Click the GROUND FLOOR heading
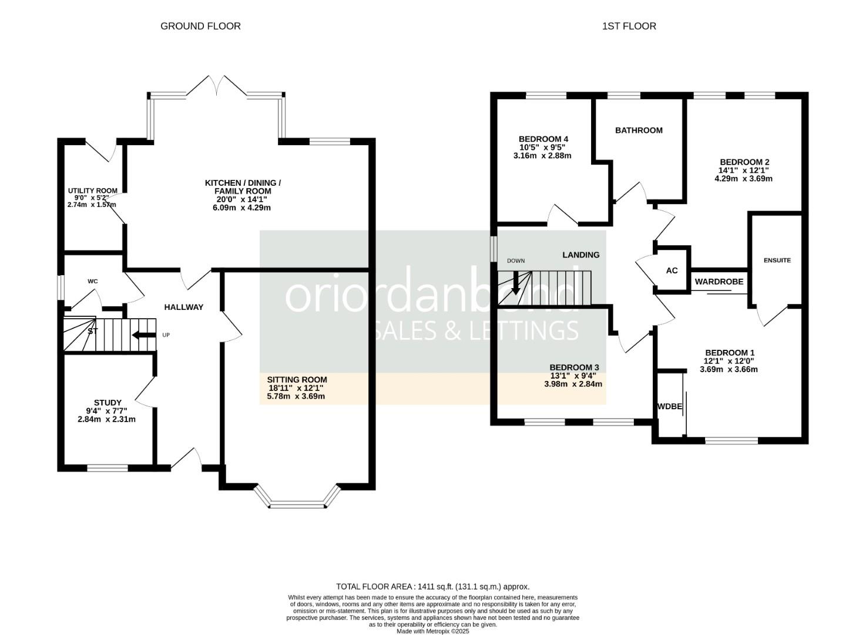click(x=200, y=26)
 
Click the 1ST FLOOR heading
click(x=629, y=26)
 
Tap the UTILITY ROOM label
click(x=92, y=190)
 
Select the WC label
click(x=92, y=281)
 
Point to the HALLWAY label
click(x=183, y=307)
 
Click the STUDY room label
click(x=108, y=403)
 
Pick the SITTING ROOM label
click(x=297, y=380)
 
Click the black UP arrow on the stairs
click(x=143, y=335)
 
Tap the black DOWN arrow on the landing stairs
click(x=516, y=283)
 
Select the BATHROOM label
click(x=639, y=131)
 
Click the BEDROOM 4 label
click(x=543, y=139)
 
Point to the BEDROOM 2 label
click(x=744, y=162)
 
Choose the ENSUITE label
click(x=777, y=260)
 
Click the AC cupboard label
click(x=672, y=270)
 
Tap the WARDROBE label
click(x=719, y=282)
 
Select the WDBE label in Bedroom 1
click(x=669, y=406)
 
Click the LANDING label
click(x=580, y=255)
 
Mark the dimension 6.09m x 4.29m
click(x=241, y=208)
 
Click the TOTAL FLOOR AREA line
click(x=432, y=586)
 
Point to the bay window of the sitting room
click(x=297, y=503)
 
